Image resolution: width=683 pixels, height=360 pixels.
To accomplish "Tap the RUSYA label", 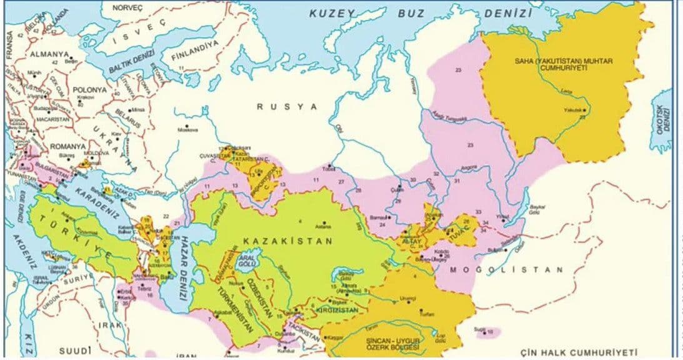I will (287, 107).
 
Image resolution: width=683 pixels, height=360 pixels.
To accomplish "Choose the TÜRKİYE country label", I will (74, 236).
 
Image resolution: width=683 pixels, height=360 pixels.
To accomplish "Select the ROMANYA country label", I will (67, 146).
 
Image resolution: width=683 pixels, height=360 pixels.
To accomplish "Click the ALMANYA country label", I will (47, 54).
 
